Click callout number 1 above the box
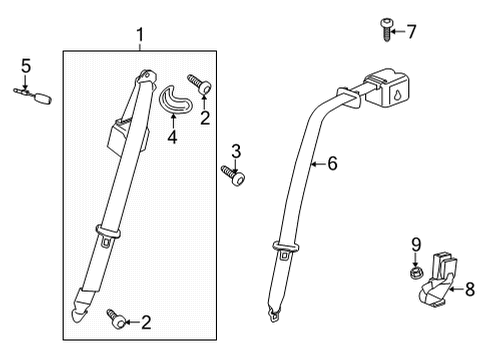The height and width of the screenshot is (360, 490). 141,36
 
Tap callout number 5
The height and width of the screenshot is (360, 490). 26,66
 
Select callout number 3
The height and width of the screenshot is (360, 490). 236,151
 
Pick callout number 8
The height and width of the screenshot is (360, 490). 469,291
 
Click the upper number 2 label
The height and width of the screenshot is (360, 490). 204,118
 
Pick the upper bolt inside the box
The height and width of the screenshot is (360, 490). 200,88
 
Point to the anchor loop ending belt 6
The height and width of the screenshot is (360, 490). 273,316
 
